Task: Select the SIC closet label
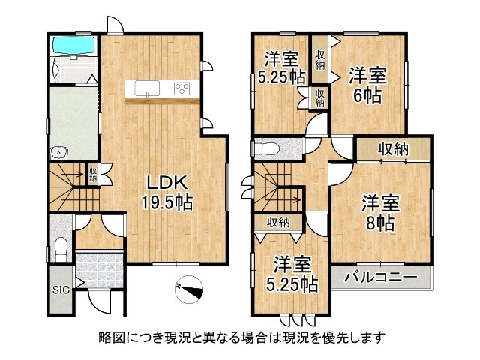[x=58, y=289]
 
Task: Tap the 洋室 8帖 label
[x=380, y=213]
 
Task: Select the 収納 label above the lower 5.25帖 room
[x=277, y=223]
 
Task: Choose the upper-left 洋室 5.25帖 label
[x=282, y=66]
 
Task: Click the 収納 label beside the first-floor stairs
[x=94, y=175]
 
